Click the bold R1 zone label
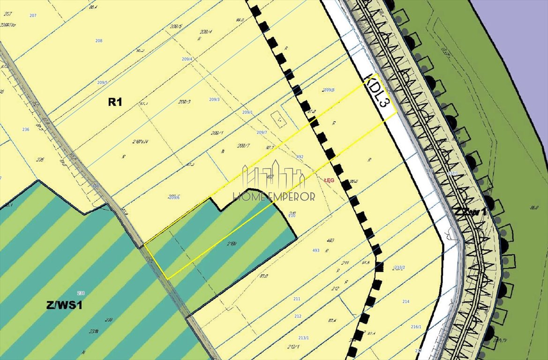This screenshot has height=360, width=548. coord(115,101)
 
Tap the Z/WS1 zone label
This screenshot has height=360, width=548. coord(64,305)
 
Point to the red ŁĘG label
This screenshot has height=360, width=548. coord(329,180)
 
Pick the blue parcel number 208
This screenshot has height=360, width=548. coord(98,41)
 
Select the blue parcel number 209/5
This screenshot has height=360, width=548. coord(102,82)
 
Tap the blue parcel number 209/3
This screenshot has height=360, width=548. coord(214,99)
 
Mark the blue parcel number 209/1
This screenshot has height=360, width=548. coord(247,112)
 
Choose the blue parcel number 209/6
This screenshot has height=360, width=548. coord(173,197)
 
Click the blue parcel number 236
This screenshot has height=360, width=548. coord(26,129)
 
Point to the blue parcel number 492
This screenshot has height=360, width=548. coord(300,157)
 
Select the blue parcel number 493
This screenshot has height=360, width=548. coord(315,250)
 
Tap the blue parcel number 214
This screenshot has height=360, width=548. coord(405,301)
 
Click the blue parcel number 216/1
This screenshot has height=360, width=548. coord(416,327)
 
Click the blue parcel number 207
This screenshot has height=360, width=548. coord(33,15)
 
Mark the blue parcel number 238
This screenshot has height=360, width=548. coord(81,293)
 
